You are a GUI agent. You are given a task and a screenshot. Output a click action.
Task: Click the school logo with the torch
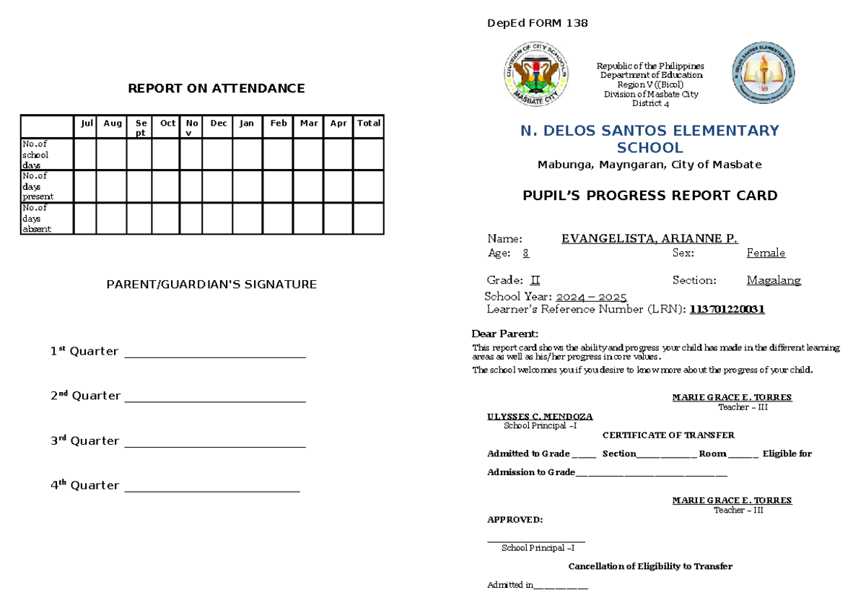(764, 73)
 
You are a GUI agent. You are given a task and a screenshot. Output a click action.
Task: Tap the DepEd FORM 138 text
(538, 23)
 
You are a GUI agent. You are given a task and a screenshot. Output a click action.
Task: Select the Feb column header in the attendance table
(278, 123)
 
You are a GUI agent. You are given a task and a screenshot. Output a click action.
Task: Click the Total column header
(368, 123)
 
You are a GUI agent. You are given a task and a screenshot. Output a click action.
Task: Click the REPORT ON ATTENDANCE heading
(216, 89)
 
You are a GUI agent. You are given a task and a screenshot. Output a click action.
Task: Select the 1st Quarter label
(84, 352)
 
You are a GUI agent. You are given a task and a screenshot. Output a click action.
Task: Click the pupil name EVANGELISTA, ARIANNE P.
(649, 239)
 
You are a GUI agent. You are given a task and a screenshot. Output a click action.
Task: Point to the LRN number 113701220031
(727, 310)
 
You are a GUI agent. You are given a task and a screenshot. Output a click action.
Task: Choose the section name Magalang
(773, 280)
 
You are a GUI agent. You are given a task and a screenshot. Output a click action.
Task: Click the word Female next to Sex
(765, 253)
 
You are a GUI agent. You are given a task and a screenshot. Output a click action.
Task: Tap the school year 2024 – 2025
(591, 297)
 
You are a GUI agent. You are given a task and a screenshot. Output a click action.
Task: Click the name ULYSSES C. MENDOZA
(540, 417)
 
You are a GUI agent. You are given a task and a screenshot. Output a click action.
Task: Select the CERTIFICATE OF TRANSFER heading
(668, 435)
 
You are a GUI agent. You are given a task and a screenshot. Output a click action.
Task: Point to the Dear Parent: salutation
(504, 334)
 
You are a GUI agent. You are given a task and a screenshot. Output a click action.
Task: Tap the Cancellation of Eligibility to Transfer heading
(650, 566)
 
